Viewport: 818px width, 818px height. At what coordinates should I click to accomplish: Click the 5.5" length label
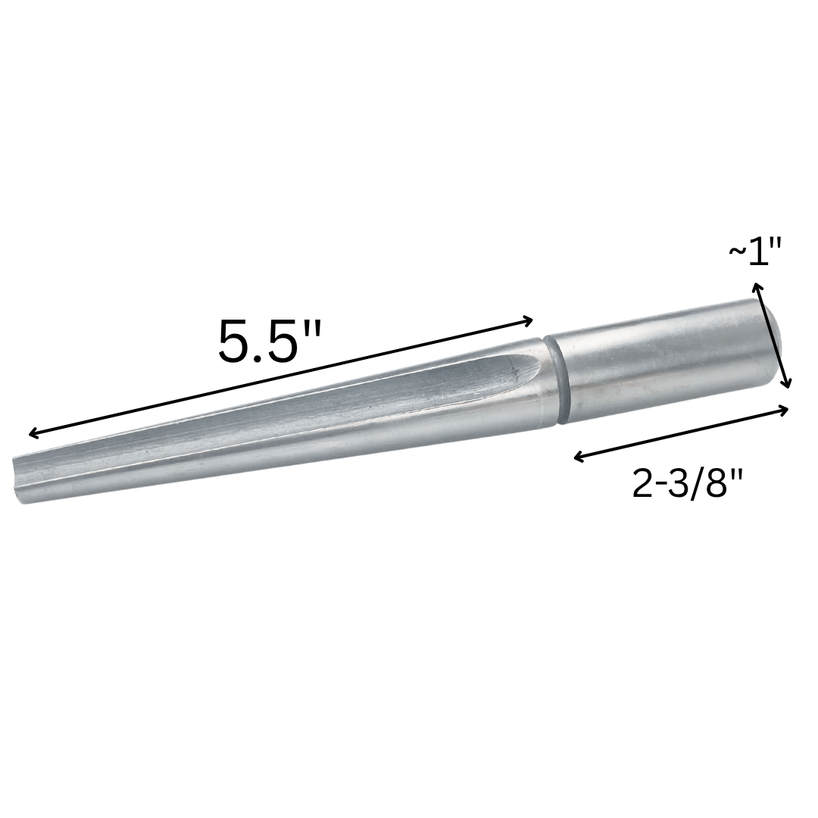[269, 342]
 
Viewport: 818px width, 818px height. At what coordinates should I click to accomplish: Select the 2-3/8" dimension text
[688, 483]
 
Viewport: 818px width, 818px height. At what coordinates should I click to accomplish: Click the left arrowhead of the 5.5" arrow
[32, 434]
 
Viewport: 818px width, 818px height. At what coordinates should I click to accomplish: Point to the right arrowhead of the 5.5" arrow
[530, 320]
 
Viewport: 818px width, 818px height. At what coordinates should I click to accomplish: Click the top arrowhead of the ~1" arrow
[755, 286]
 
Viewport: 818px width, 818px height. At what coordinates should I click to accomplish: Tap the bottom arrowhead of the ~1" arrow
[788, 385]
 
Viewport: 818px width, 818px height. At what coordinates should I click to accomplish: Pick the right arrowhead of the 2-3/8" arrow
[786, 408]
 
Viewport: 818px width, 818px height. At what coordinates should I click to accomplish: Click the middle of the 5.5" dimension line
[281, 377]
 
